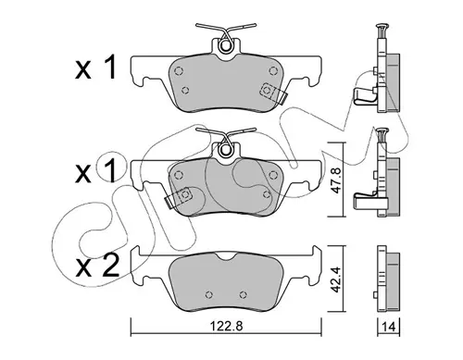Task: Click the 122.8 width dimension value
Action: click(x=226, y=326)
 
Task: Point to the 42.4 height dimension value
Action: click(x=335, y=279)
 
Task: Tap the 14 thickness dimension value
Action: click(x=389, y=326)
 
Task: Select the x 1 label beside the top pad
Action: click(x=95, y=68)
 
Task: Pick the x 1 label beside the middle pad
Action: click(x=95, y=170)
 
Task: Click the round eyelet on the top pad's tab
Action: click(x=226, y=46)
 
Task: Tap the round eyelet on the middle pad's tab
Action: click(x=226, y=149)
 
